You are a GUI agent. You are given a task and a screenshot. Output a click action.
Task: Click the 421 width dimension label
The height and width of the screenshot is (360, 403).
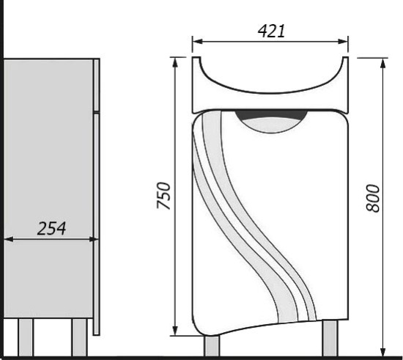coord(271,31)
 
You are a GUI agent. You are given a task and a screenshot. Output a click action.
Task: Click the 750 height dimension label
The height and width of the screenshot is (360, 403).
coord(163,196)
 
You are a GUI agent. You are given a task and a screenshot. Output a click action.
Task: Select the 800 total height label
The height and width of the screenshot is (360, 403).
coord(373,198)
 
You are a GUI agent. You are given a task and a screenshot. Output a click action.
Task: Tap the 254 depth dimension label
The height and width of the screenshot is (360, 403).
coord(52,228)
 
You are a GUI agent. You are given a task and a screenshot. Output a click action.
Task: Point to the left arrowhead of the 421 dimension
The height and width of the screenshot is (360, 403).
coord(197,42)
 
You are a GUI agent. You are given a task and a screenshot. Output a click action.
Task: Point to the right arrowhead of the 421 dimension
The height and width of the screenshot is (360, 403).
coord(343,42)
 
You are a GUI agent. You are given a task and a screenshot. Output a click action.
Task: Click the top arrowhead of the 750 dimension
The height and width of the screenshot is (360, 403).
coord(175,63)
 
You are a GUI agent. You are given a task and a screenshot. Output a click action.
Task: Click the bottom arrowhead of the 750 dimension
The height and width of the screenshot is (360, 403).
coord(175,331)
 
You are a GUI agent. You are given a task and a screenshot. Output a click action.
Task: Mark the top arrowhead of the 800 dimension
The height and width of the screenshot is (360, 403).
coord(383,63)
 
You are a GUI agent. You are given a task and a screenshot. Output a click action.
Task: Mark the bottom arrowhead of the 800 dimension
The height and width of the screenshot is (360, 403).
coord(383,351)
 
